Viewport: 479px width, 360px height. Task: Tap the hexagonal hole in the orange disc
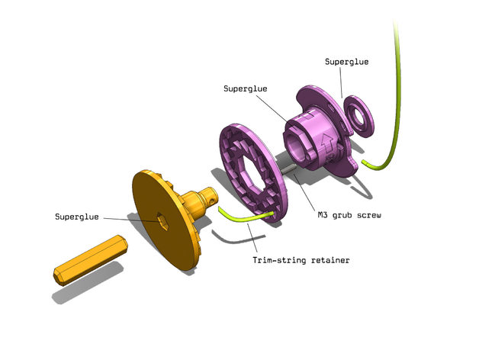click(162, 220)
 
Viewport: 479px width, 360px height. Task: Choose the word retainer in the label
click(330, 261)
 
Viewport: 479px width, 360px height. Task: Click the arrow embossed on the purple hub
click(326, 140)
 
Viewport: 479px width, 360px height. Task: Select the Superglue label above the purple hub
click(245, 88)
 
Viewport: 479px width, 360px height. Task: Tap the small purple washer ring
click(358, 115)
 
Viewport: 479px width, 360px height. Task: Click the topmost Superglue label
click(346, 62)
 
